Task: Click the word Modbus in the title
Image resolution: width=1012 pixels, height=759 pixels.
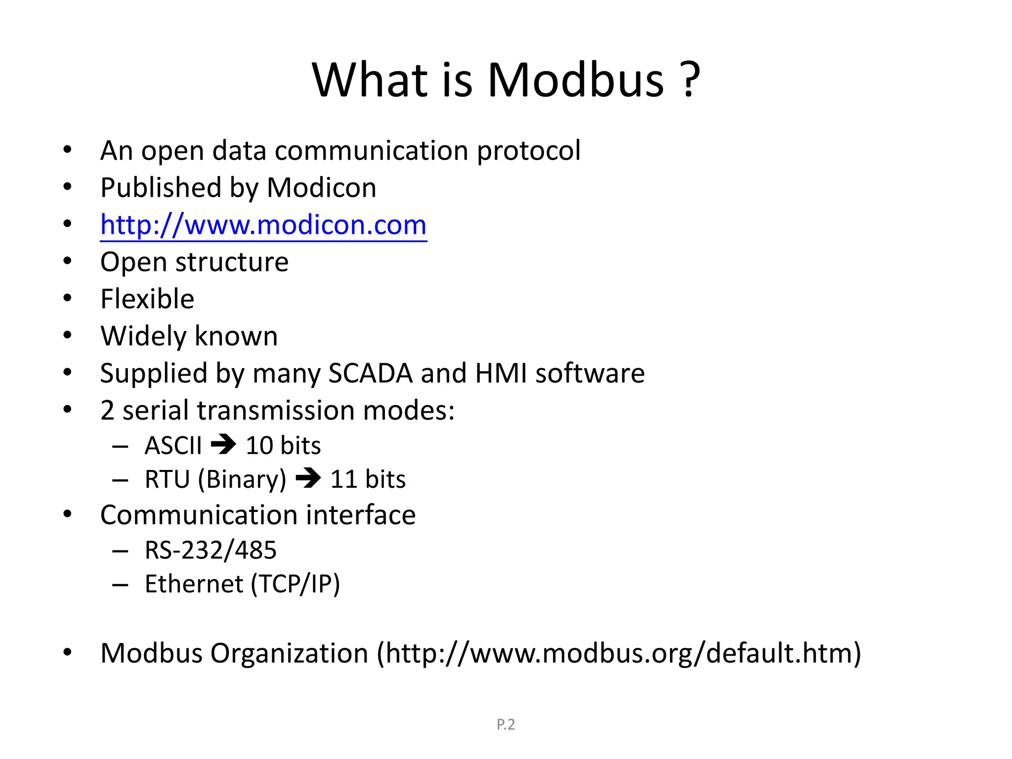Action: [576, 80]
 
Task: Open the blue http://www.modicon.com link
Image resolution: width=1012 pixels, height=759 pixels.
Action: [263, 225]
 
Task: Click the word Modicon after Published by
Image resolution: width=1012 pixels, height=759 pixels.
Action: [322, 188]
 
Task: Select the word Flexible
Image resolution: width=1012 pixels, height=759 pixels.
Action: [147, 299]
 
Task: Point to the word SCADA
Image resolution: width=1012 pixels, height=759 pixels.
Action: [370, 373]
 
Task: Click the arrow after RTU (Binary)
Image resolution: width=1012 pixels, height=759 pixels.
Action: [308, 478]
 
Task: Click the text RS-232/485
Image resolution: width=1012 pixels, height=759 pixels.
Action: [211, 550]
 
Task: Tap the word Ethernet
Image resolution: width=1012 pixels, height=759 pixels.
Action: [194, 584]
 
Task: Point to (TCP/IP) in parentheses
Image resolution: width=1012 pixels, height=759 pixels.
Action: [295, 584]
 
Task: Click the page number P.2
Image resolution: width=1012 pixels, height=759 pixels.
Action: [506, 724]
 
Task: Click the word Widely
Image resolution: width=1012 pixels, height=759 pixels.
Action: [143, 337]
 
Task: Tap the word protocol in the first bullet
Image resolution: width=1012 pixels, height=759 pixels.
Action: [528, 151]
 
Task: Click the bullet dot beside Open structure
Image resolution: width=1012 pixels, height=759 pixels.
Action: [68, 261]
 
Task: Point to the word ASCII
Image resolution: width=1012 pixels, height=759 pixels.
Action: [173, 445]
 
